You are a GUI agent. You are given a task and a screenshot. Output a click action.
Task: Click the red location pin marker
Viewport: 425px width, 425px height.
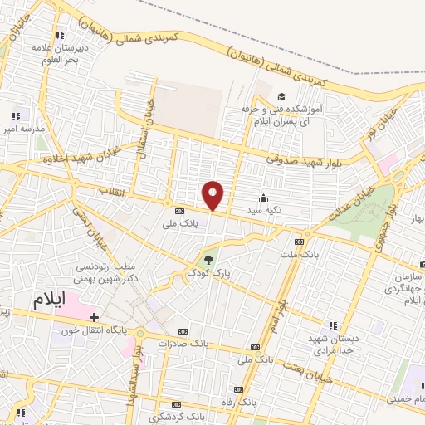213,195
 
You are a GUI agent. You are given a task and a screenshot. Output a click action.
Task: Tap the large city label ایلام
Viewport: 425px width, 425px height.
48,300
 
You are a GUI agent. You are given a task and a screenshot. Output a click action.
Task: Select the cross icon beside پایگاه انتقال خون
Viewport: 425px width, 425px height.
94,317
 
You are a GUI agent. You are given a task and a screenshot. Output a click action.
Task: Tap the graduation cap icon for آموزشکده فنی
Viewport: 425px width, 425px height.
281,97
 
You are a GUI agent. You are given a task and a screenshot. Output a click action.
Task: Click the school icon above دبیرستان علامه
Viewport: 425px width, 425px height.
60,36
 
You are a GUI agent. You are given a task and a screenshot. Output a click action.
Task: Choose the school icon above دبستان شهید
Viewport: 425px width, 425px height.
333,325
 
